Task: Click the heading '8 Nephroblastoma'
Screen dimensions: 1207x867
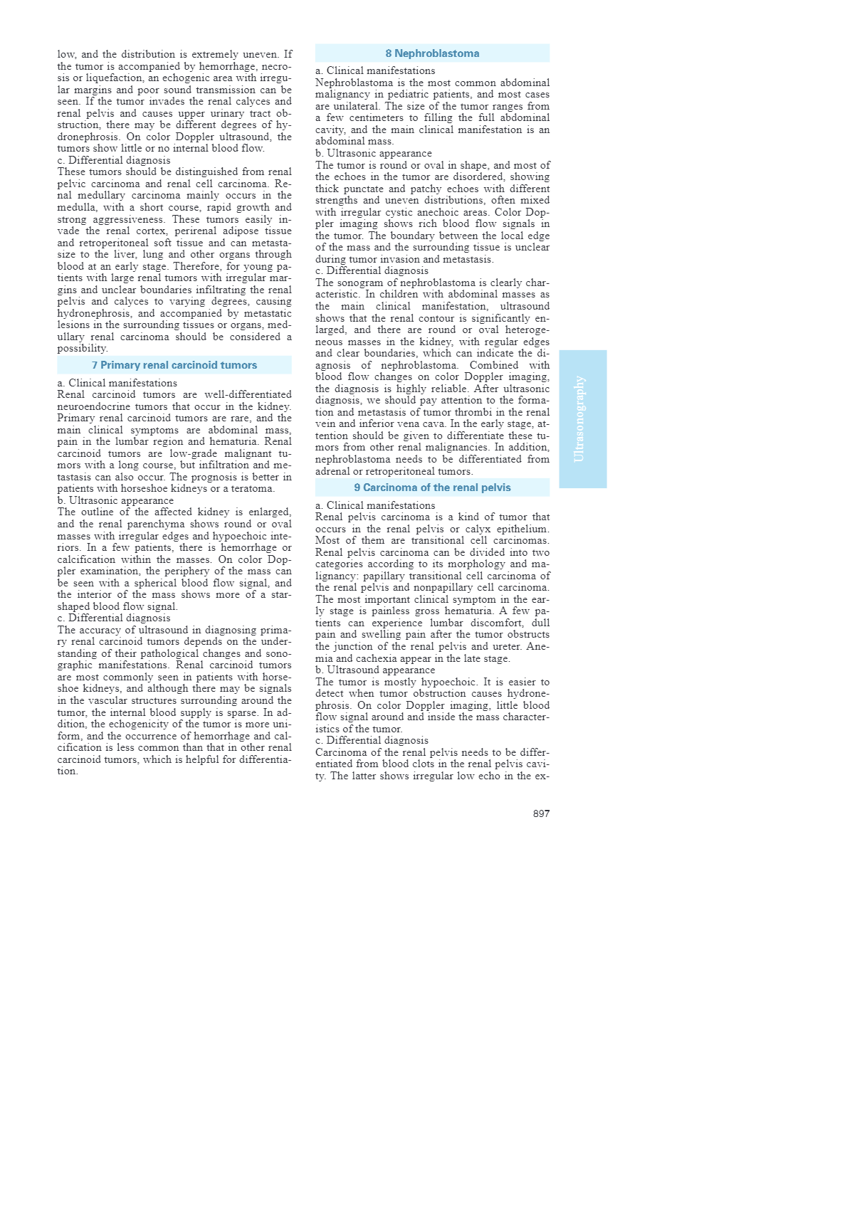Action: [432, 53]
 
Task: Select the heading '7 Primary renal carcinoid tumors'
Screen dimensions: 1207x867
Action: [174, 365]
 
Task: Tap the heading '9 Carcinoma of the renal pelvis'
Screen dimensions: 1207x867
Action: [432, 487]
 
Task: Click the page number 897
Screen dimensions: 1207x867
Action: [541, 813]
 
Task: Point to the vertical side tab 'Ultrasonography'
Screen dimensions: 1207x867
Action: [582, 418]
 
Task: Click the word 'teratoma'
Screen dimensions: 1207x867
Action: [252, 489]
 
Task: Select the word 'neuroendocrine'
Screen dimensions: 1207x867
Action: [92, 406]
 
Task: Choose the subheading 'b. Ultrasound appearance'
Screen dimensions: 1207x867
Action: [375, 670]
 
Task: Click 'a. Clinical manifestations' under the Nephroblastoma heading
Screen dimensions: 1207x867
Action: [375, 70]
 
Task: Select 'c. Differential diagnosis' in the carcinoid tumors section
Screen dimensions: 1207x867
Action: [114, 618]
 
